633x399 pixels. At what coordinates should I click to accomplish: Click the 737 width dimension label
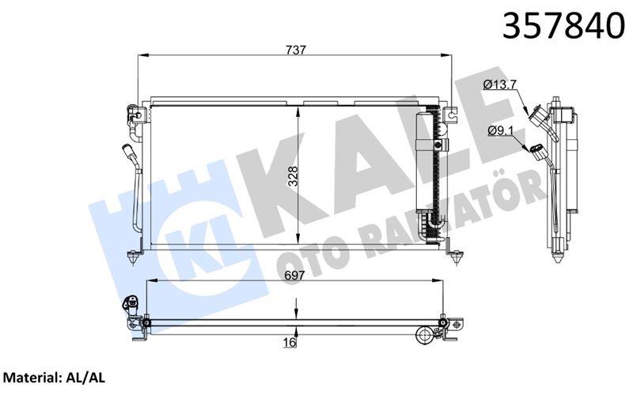tap(297, 49)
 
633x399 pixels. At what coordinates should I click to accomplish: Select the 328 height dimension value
tap(292, 176)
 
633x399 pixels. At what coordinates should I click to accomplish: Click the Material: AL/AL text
tap(55, 378)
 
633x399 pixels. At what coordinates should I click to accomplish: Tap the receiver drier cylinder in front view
tap(426, 174)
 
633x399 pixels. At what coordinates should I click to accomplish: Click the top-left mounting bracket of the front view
tap(135, 117)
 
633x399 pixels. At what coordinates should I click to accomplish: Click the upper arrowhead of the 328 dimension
tap(298, 111)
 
